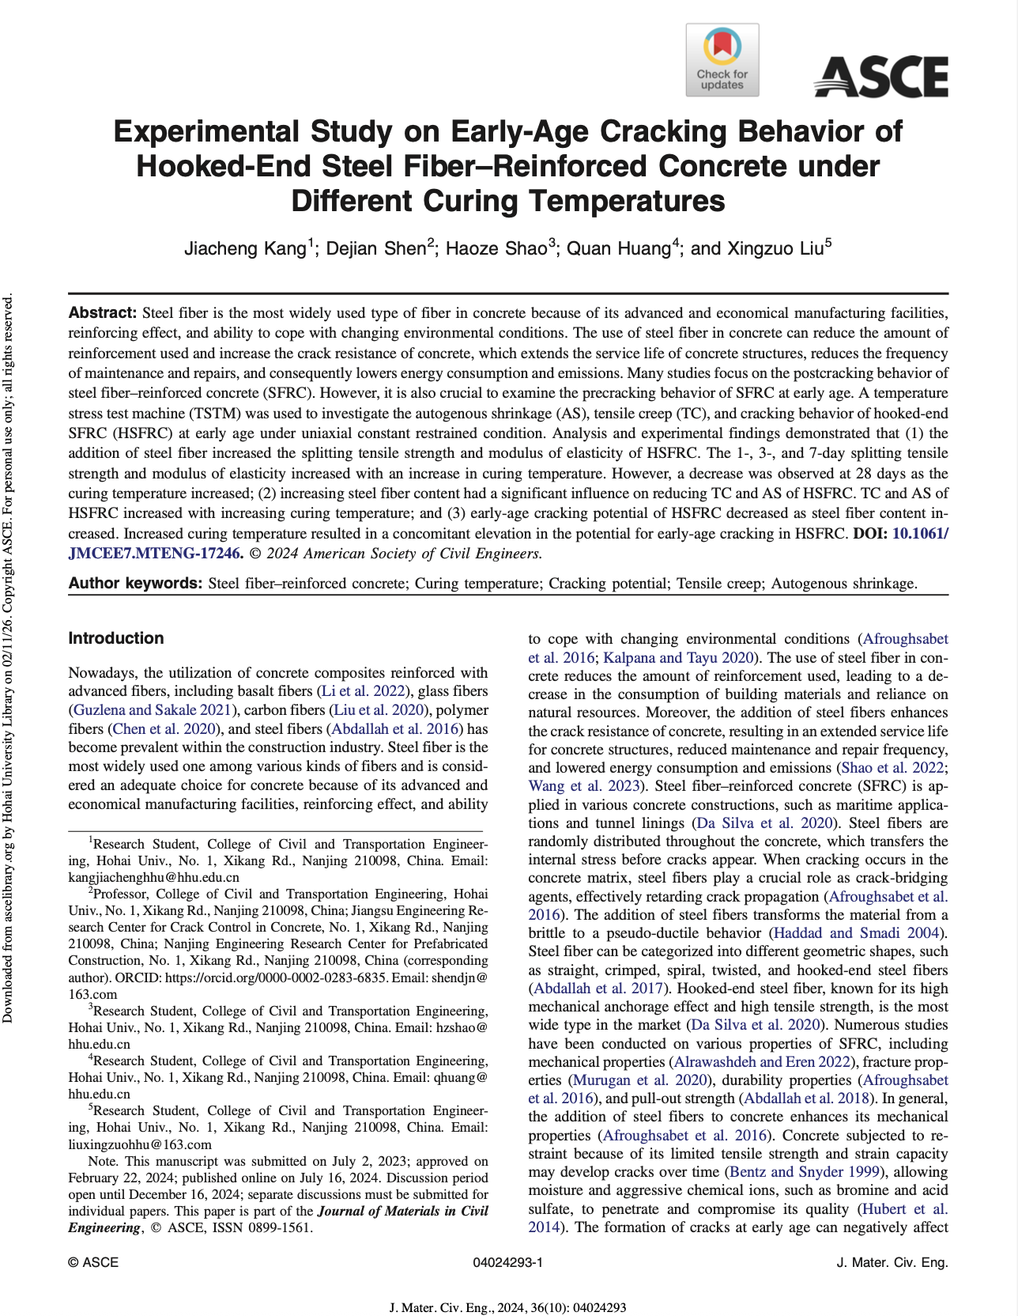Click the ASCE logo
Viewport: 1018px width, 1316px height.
(x=880, y=77)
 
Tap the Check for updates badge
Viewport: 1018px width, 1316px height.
(x=722, y=60)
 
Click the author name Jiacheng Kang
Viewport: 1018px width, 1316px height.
(x=245, y=248)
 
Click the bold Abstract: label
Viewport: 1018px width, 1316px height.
(x=103, y=313)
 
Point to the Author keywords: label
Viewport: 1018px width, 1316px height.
(x=136, y=584)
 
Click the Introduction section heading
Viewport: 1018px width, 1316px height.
(x=116, y=638)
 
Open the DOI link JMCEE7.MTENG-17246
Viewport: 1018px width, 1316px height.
(x=154, y=554)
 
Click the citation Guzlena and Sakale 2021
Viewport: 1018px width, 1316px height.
(x=155, y=710)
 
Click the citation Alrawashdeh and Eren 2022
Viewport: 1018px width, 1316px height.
(x=763, y=1062)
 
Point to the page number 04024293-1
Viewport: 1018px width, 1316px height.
(x=507, y=1262)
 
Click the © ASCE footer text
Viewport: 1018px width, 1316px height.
(x=93, y=1262)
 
